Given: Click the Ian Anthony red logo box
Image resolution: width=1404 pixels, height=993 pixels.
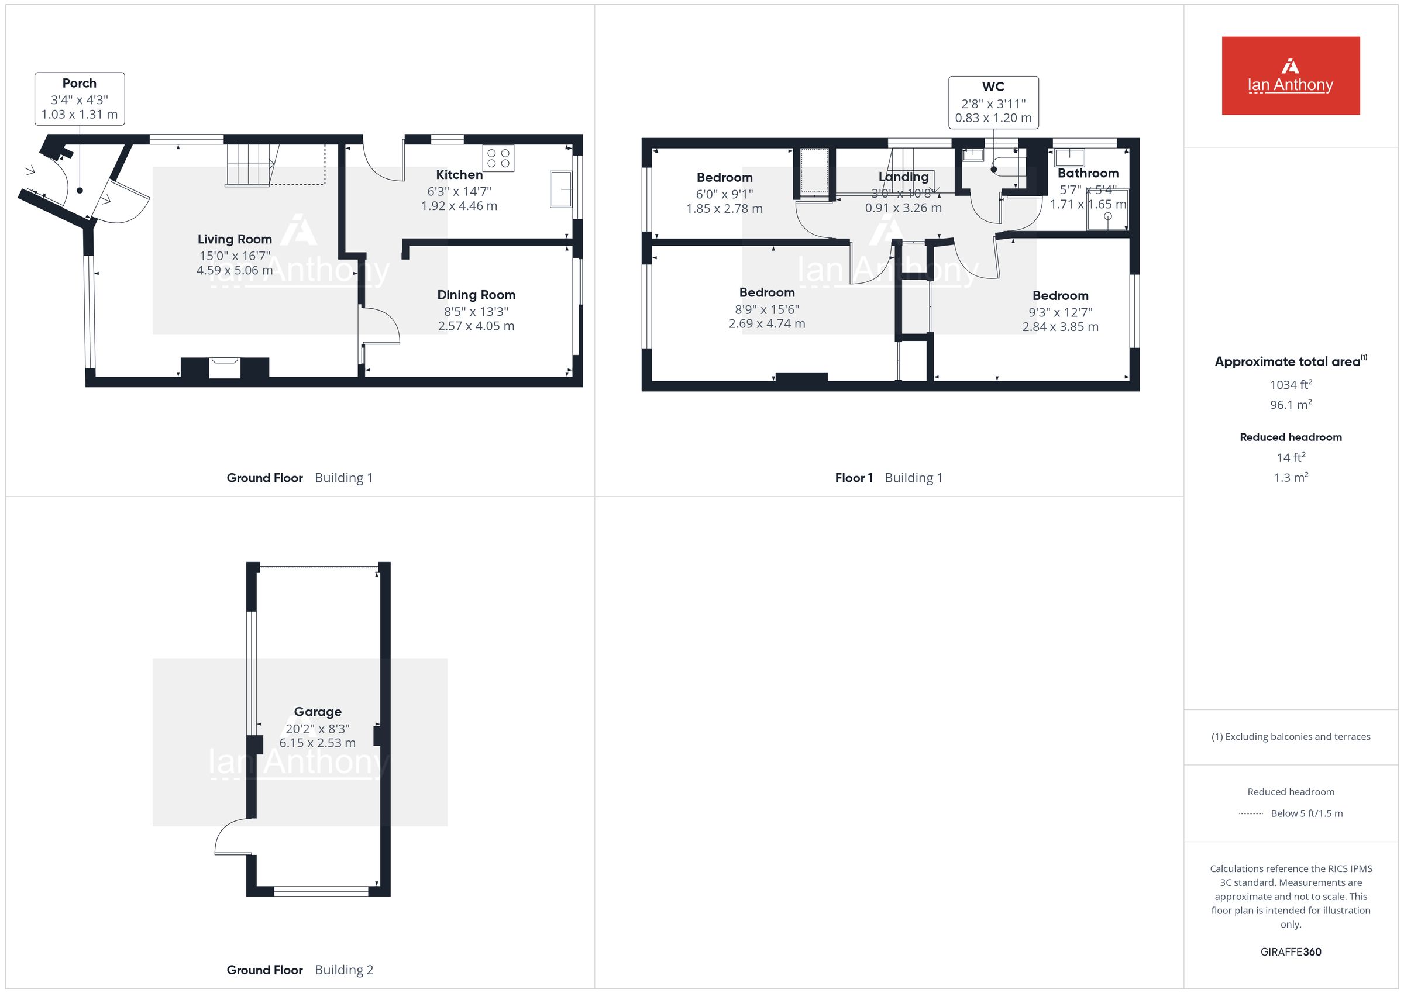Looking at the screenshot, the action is [x=1291, y=76].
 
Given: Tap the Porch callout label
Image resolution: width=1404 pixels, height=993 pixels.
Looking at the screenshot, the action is [x=80, y=99].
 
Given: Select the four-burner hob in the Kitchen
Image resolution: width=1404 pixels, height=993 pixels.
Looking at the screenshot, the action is [x=498, y=158].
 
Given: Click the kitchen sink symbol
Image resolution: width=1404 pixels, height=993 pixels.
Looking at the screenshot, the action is [x=561, y=189].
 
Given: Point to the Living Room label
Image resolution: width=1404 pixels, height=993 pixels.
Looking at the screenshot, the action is [x=235, y=239].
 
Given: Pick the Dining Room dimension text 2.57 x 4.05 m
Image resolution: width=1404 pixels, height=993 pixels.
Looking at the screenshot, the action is [x=476, y=326].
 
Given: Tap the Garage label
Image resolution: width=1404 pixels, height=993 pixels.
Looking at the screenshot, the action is [x=318, y=712].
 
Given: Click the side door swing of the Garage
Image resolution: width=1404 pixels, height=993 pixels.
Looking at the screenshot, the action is [x=232, y=836].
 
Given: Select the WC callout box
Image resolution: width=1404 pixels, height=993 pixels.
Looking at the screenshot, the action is [x=994, y=103].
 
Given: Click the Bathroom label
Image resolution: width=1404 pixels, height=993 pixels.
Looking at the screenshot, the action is [x=1089, y=173].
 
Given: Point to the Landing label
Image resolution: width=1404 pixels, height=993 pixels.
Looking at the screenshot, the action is [x=904, y=177].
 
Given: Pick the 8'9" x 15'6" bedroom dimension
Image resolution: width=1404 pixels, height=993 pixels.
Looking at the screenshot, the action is [x=767, y=309].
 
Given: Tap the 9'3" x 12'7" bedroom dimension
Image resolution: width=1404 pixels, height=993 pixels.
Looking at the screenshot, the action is [x=1061, y=312].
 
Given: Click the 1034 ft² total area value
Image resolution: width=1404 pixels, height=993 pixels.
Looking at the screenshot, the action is [x=1291, y=385].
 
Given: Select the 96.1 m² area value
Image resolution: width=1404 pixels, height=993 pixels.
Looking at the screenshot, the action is [x=1291, y=405].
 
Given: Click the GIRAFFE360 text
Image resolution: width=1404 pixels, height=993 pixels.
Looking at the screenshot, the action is [x=1291, y=952].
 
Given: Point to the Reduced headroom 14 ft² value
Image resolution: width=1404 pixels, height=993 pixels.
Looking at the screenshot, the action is [x=1291, y=457].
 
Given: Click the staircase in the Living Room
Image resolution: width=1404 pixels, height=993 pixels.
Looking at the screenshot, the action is [x=253, y=164].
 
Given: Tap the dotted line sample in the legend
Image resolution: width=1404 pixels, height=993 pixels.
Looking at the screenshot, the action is [x=1251, y=814].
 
